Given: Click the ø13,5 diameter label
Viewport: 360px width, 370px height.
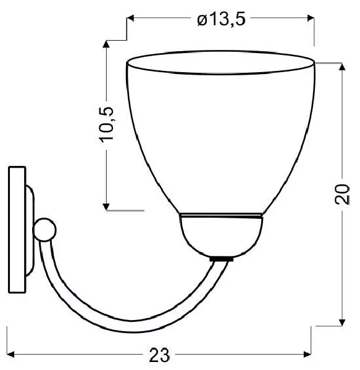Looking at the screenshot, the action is pos(221,19).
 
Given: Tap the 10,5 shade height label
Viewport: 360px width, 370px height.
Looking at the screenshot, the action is pos(106,125).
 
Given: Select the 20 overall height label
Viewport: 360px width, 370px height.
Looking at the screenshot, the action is pos(342,194).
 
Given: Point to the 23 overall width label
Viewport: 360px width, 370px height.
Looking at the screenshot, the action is pos(159,355).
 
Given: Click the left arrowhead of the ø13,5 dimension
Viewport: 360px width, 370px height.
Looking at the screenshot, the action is pos(130,18).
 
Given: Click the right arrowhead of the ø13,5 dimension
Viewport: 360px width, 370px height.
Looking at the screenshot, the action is pos(311,18).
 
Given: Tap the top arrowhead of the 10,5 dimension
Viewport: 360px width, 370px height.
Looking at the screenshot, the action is pos(106,44).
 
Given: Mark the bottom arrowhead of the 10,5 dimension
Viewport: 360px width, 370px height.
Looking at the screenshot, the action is pos(106,207).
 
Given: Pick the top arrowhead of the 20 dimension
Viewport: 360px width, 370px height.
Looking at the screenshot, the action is pos(342,67).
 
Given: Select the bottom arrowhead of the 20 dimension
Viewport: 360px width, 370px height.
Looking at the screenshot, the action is pos(342,323).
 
